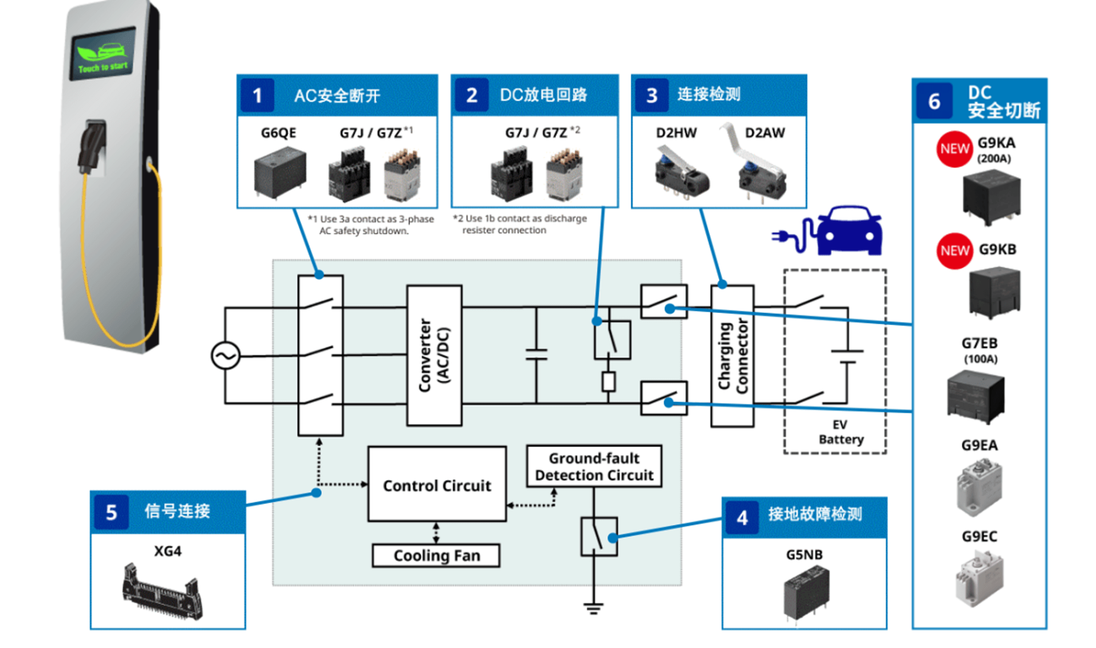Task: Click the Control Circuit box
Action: (437, 484)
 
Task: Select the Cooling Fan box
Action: (436, 556)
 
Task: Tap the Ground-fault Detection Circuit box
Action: (594, 466)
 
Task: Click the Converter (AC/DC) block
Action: (434, 355)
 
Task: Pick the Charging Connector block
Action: (732, 356)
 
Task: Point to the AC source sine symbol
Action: (226, 356)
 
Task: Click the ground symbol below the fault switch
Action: (593, 608)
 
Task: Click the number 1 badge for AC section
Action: (257, 96)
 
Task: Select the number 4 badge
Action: (742, 518)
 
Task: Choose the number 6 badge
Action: (934, 101)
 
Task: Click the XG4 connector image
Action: (162, 592)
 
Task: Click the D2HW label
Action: (676, 133)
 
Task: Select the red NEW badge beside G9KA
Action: (954, 149)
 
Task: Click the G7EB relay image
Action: (976, 396)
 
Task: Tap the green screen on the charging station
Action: (103, 53)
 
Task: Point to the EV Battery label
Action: (841, 432)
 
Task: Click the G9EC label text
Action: (979, 537)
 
